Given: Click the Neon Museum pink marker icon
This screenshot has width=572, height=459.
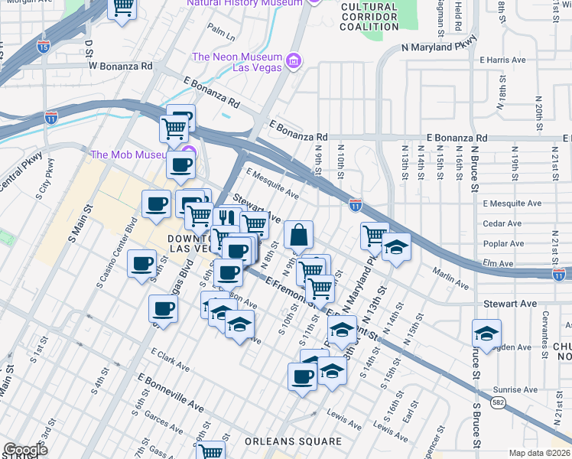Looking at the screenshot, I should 292,60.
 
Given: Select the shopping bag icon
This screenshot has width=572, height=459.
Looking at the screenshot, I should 299,235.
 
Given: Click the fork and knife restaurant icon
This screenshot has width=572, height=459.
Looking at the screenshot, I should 226,218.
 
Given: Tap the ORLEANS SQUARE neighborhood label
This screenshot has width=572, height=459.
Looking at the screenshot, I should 293,442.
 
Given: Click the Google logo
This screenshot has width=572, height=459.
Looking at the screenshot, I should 25,450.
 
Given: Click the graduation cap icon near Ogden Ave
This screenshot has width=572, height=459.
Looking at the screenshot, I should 485,334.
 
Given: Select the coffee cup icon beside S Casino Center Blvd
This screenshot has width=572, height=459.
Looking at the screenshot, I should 141,264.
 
